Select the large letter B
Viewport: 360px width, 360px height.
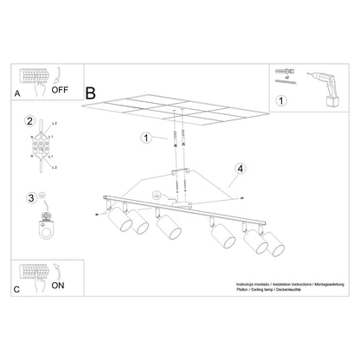click(x=91, y=91)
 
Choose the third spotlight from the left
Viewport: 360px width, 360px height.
click(x=168, y=229)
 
